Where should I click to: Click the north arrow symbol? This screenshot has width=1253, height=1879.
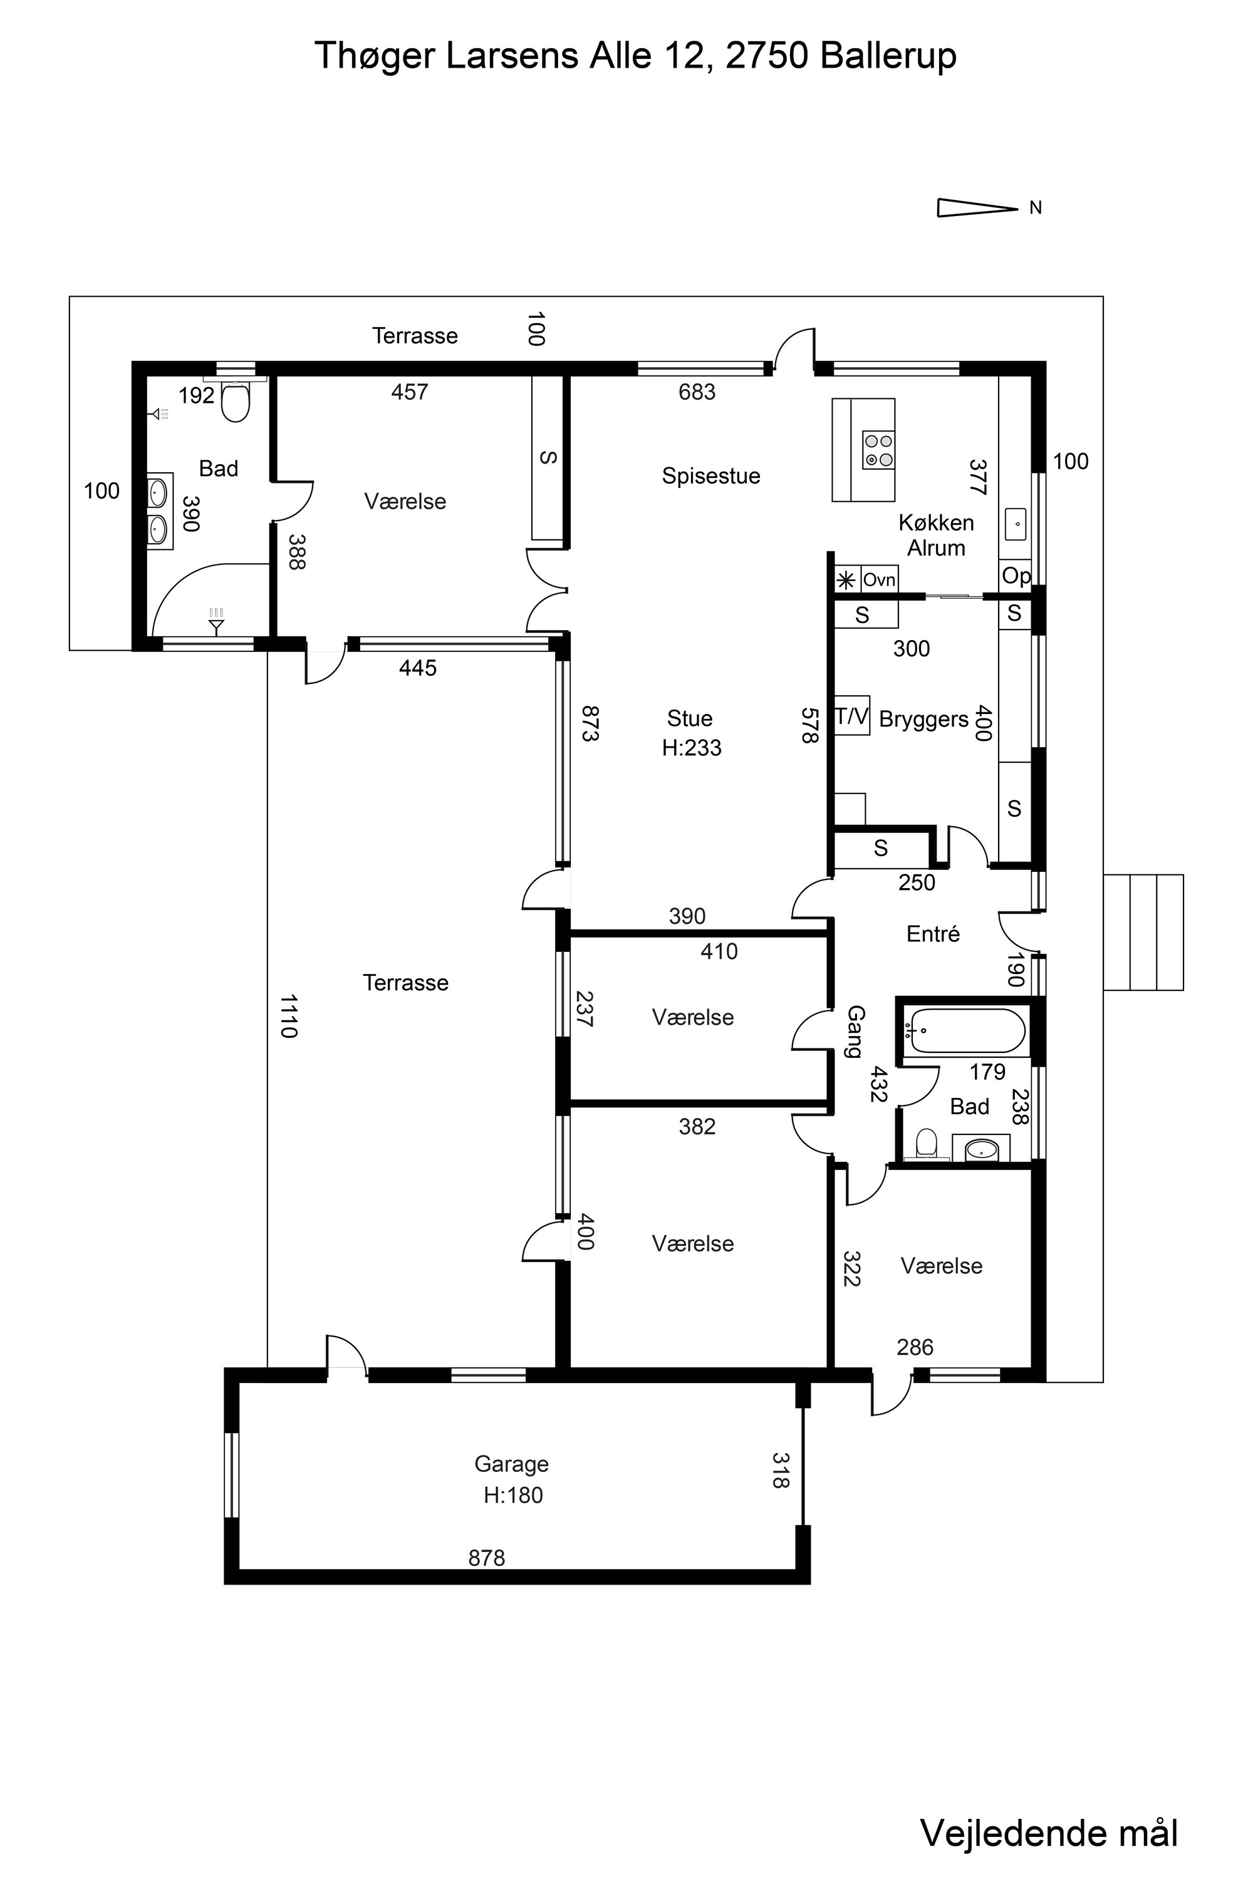[x=977, y=208]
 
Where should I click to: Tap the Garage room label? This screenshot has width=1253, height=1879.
[x=511, y=1464]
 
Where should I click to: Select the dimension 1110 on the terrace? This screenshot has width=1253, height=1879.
[x=288, y=1016]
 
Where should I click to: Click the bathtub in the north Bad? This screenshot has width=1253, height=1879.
[x=968, y=1030]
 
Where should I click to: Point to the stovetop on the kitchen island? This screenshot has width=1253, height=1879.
[x=878, y=450]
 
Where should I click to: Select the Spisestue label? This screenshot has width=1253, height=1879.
[x=711, y=476]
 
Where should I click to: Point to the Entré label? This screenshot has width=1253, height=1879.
[x=933, y=933]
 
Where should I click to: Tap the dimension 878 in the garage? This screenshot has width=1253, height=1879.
[x=487, y=1558]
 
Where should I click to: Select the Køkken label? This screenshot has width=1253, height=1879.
[x=937, y=522]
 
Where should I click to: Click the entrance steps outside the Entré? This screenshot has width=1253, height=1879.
[x=1143, y=933]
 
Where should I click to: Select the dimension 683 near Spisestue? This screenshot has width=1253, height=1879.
[x=697, y=391]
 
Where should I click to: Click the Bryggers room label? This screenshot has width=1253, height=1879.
[x=923, y=719]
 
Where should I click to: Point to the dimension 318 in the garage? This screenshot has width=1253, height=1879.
[x=781, y=1470]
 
